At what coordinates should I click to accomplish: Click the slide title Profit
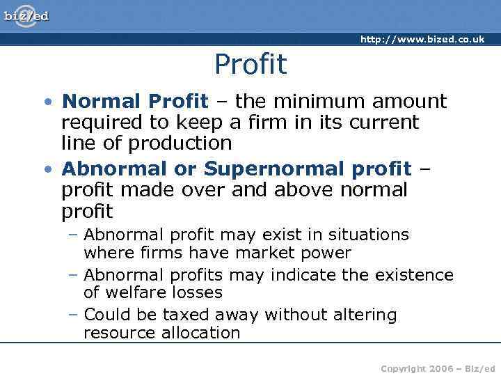tap(250, 65)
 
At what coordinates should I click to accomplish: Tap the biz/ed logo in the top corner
tap(26, 15)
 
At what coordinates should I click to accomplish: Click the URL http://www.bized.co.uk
tap(422, 40)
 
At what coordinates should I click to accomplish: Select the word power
tap(326, 253)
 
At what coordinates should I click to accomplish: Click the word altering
tap(363, 315)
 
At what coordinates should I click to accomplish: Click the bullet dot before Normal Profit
tap(47, 102)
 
